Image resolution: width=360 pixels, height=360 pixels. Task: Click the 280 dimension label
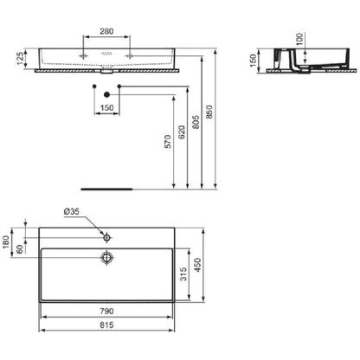[106, 31]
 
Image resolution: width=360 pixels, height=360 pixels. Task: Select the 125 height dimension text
[20, 59]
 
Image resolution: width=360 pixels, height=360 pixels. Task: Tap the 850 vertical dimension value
[209, 112]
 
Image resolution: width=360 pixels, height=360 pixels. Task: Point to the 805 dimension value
[196, 122]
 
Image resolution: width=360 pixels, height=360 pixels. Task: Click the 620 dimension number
[182, 132]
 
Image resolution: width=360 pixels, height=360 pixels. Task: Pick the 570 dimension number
[168, 142]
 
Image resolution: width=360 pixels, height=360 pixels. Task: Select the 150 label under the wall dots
[106, 108]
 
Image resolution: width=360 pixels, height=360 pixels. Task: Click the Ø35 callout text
[71, 212]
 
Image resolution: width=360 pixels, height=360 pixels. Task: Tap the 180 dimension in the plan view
[6, 242]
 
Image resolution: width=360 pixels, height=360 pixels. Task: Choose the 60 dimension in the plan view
[20, 249]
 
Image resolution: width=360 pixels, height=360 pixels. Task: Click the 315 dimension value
[183, 274]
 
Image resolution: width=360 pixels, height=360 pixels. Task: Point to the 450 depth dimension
[197, 265]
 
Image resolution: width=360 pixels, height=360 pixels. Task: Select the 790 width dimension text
[106, 312]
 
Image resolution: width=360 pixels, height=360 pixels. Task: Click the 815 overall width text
[106, 325]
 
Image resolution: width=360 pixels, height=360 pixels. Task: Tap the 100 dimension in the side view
[300, 39]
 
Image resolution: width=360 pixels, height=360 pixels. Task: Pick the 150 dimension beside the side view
[253, 61]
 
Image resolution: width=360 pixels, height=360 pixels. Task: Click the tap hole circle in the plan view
[106, 238]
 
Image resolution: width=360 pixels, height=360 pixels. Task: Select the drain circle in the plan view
[106, 257]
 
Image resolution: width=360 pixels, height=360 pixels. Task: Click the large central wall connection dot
[106, 94]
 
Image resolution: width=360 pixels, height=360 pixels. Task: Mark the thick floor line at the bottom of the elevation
[106, 190]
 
